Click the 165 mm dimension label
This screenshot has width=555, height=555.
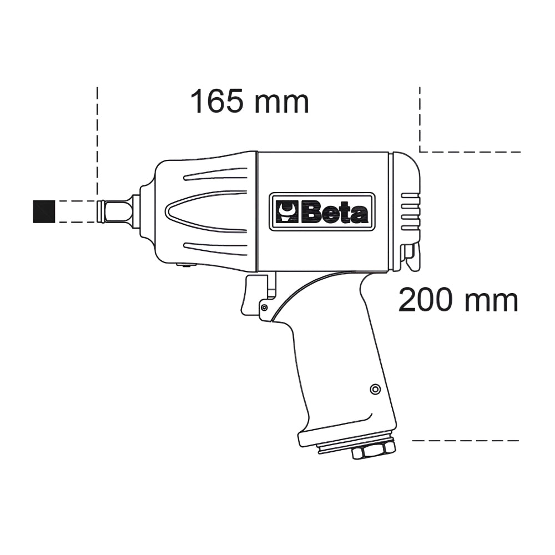(x=250, y=102)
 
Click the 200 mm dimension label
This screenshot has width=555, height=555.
(x=458, y=300)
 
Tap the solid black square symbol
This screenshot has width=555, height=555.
(x=44, y=211)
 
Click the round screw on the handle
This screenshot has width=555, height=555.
(x=375, y=390)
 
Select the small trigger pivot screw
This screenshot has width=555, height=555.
(x=264, y=308)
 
